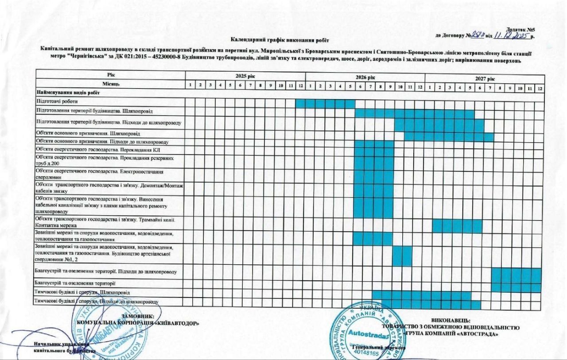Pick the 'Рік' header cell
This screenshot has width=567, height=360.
(x=110, y=74)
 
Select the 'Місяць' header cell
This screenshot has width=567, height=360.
(x=110, y=83)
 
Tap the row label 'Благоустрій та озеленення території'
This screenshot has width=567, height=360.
(x=75, y=283)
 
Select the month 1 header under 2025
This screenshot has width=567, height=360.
(x=190, y=84)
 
